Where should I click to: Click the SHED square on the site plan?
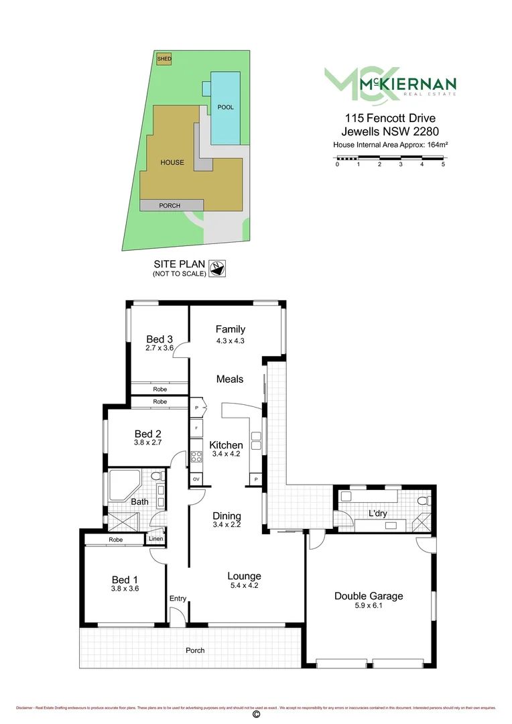point(164,59)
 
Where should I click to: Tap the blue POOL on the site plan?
point(225,107)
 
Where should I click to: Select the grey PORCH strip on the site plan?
point(170,206)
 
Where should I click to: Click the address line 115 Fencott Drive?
point(389,118)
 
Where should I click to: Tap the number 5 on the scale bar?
point(443,164)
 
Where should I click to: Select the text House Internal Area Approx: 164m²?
point(389,144)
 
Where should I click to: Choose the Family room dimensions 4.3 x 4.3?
point(230,341)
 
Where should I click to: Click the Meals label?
point(230,379)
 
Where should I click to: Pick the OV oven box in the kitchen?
point(197,479)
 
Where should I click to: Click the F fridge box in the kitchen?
point(197,427)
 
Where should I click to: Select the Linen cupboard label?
point(155,539)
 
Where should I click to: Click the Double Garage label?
point(369,595)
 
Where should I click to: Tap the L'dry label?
point(380,514)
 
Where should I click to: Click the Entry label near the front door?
point(178,599)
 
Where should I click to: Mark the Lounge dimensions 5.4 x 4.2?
point(244,585)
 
